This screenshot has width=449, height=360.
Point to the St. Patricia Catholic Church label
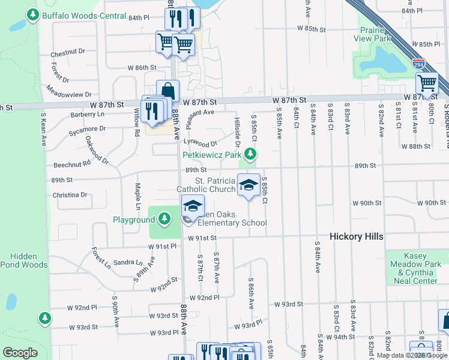[206, 185]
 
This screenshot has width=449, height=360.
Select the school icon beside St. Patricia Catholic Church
[249, 184]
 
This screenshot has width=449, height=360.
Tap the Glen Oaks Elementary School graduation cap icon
[193, 206]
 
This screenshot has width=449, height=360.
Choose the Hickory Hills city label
[357, 237]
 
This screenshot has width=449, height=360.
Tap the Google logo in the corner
[20, 353]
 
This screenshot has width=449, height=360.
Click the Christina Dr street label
[70, 195]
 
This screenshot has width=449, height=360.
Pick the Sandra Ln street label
[128, 263]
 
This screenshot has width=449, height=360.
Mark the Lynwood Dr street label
[200, 143]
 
